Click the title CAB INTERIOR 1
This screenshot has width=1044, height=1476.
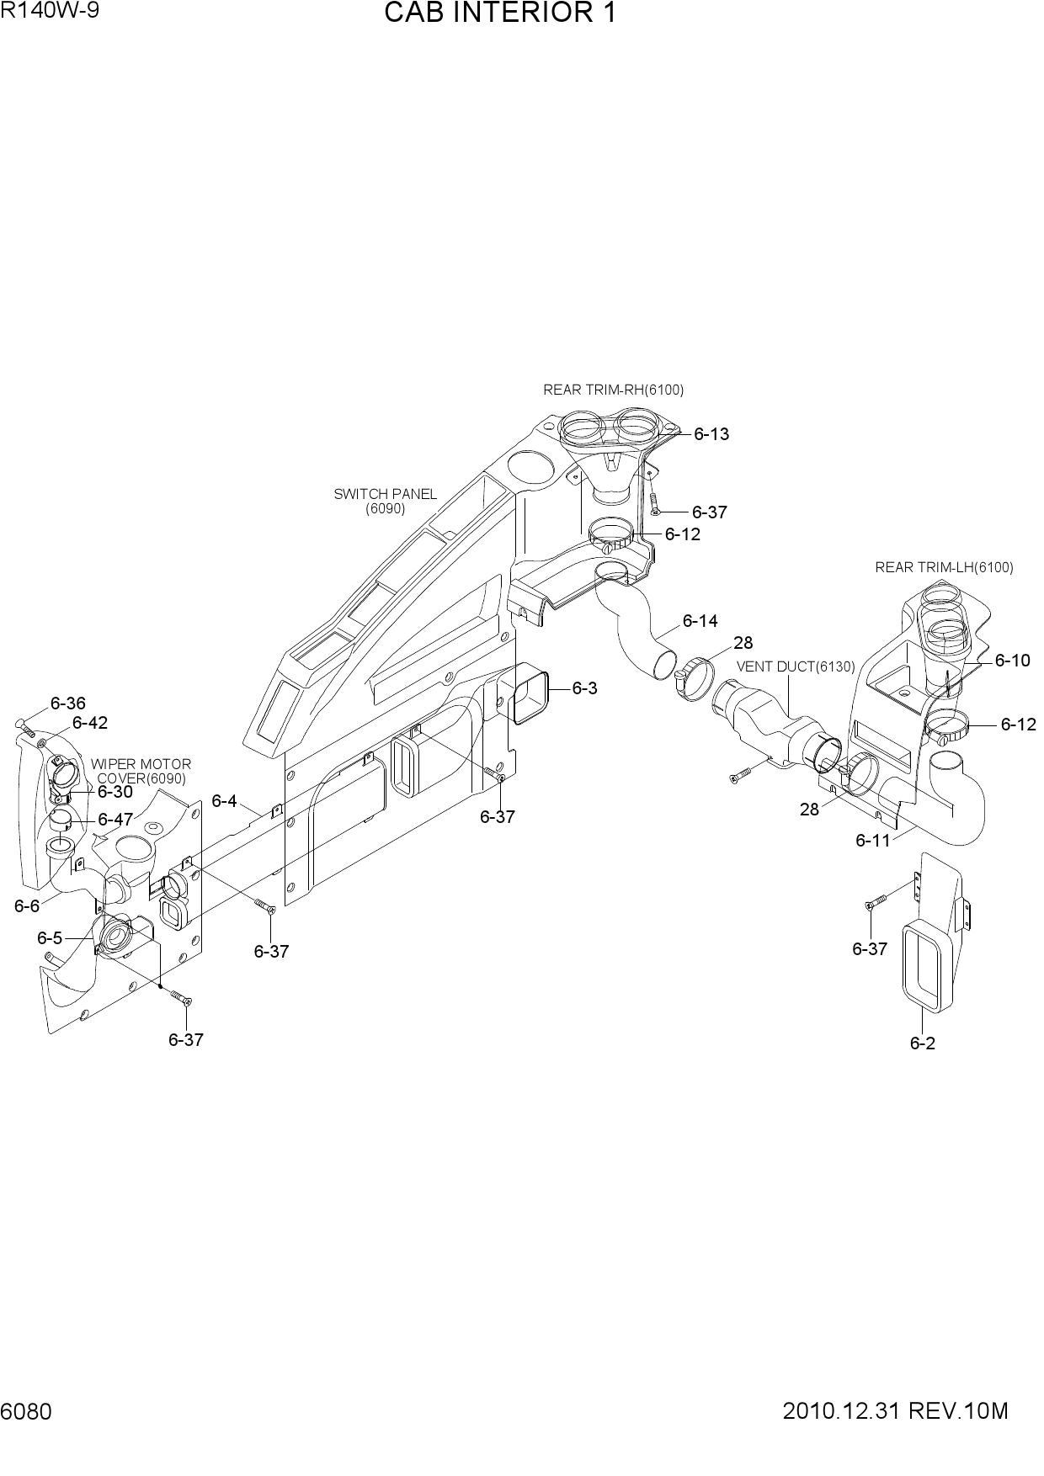[x=500, y=13]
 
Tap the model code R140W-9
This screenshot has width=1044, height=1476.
[x=50, y=11]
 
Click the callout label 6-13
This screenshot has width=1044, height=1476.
[x=711, y=434]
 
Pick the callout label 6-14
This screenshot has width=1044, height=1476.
[x=700, y=621]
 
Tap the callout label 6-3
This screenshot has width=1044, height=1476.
[x=584, y=688]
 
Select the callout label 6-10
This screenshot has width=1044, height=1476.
[x=1012, y=661]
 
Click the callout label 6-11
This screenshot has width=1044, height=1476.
[x=872, y=840]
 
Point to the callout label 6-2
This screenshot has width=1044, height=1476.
[x=922, y=1043]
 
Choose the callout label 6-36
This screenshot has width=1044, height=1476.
[x=67, y=703]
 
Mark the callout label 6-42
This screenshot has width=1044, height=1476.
[x=89, y=723]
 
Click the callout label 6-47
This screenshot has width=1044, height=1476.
[x=115, y=820]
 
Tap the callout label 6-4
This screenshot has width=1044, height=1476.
[x=224, y=801]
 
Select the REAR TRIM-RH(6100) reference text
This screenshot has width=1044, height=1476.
[x=613, y=390]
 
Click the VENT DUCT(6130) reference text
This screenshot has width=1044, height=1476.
[x=796, y=666]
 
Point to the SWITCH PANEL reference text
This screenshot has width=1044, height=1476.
[x=386, y=494]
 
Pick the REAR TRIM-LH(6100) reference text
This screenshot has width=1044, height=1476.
[x=944, y=567]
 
